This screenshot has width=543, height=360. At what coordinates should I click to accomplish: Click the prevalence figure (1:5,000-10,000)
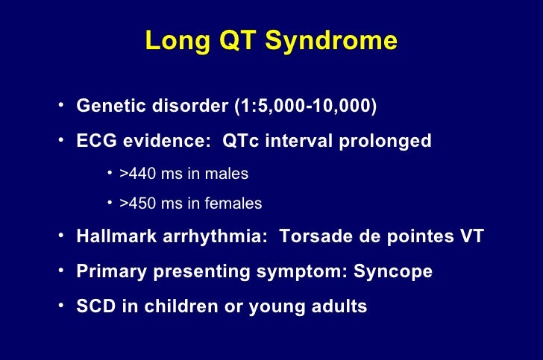307,107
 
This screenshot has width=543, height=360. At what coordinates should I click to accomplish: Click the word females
236,203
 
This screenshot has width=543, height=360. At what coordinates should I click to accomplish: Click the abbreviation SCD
93,306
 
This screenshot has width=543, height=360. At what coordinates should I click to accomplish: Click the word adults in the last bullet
340,306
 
